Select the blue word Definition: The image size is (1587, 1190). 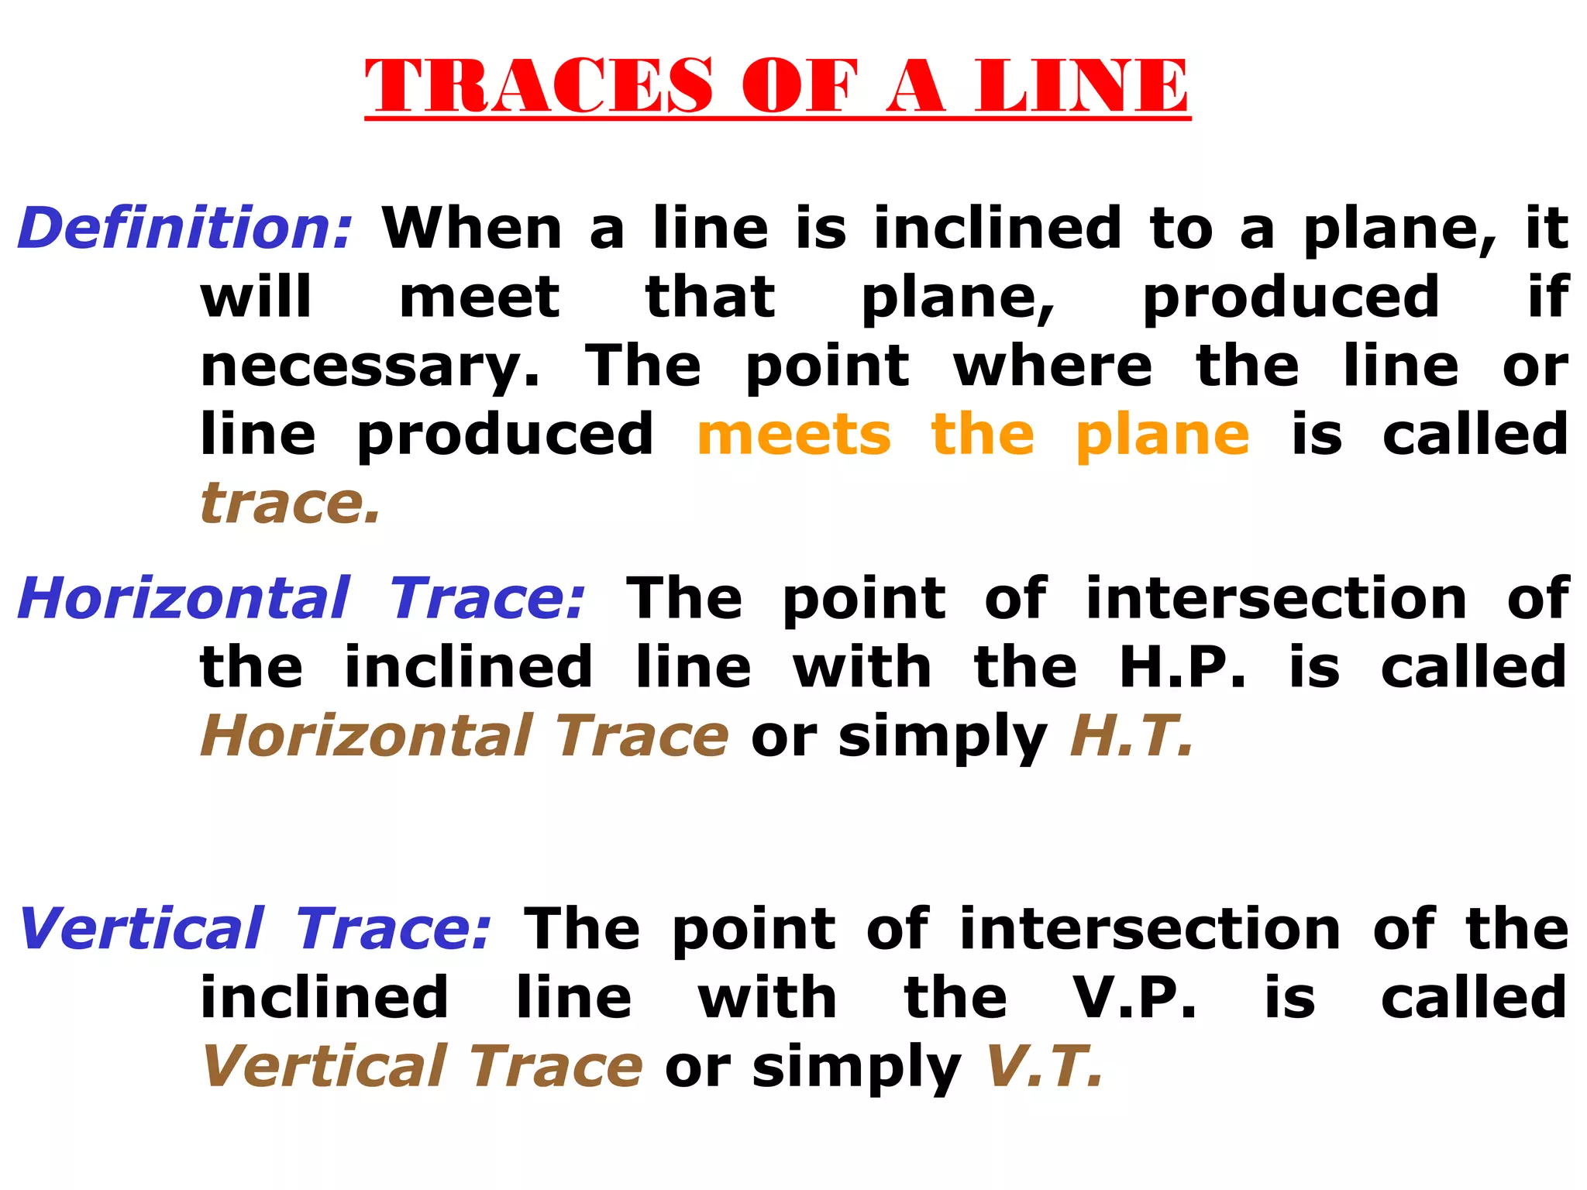click(x=184, y=229)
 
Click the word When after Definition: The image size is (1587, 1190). click(x=472, y=229)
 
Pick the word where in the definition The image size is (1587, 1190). click(x=1053, y=366)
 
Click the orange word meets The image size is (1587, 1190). click(x=794, y=435)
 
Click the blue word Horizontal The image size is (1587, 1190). click(x=184, y=598)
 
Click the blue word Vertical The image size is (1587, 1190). click(x=142, y=929)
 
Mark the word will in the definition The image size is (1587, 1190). click(x=256, y=297)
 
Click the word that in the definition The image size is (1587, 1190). click(x=710, y=297)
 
